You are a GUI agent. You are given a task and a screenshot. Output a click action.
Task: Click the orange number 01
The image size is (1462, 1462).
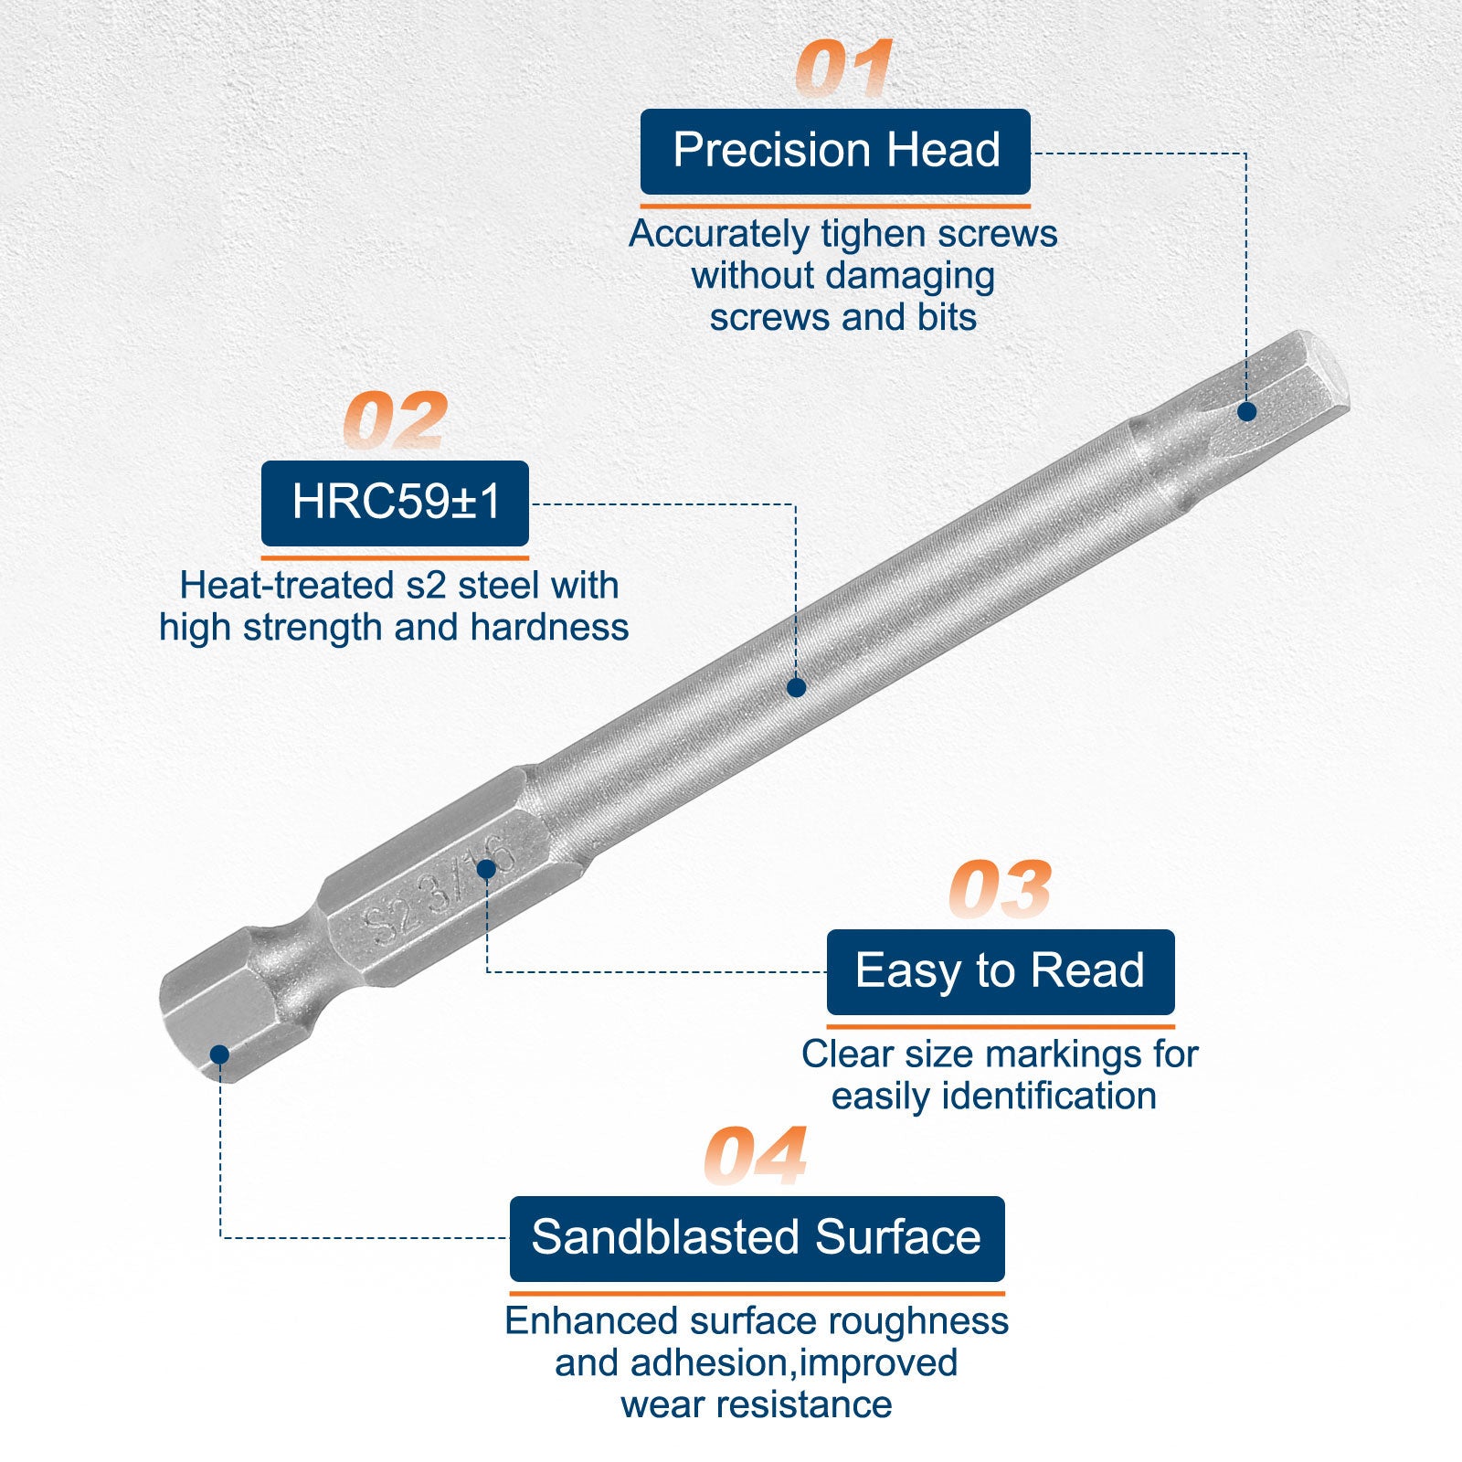843,69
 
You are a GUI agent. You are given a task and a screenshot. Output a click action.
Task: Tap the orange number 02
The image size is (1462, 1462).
396,420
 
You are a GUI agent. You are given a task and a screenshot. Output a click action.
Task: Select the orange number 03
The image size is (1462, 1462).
1000,889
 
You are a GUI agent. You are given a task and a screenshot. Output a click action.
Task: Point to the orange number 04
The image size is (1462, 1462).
756,1156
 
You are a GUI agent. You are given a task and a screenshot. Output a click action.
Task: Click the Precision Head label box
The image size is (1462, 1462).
835,152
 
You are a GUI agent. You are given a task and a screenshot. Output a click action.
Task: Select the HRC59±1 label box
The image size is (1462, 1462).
395,503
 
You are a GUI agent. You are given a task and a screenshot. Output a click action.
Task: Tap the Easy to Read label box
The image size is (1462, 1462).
1001,972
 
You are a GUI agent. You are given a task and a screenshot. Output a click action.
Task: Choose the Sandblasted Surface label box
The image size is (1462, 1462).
757,1239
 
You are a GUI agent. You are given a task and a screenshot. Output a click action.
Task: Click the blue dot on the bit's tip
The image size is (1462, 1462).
1246,412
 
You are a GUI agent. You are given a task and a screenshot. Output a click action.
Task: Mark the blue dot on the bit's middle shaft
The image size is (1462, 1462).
796,687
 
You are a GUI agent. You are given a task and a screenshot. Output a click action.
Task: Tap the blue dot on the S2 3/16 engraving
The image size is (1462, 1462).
486,869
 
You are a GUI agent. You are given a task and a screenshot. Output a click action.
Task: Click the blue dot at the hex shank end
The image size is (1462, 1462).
219,1055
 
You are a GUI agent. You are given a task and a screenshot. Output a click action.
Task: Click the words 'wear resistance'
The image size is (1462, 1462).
757,1404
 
